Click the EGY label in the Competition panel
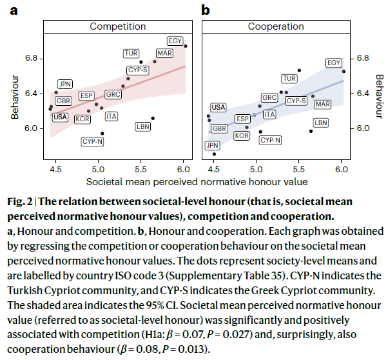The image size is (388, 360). (x=175, y=40)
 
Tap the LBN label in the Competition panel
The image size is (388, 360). (x=143, y=127)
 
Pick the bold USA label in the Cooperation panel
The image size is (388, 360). (x=218, y=107)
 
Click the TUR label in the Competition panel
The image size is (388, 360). (x=131, y=53)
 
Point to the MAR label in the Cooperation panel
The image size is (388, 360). (x=323, y=105)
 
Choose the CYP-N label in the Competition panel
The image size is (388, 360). (x=93, y=141)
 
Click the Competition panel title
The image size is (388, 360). (x=117, y=26)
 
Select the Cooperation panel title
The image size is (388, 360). (x=276, y=26)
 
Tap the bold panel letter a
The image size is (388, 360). (x=13, y=10)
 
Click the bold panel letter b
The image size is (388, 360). (x=206, y=10)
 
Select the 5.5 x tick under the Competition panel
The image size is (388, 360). (x=141, y=170)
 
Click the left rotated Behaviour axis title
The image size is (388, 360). (x=14, y=97)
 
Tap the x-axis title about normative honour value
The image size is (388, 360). (x=197, y=181)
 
